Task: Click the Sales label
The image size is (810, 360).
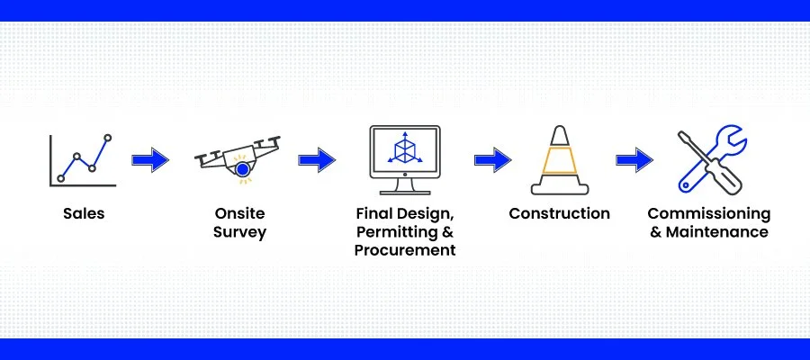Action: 84,214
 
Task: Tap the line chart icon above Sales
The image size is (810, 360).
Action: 83,159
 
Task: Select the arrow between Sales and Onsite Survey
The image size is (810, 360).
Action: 150,161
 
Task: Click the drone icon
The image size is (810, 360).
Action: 238,157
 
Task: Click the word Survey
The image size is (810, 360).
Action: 240,232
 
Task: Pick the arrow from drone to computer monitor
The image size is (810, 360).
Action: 317,160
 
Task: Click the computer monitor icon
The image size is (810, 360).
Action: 404,160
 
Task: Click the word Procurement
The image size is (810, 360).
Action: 405,250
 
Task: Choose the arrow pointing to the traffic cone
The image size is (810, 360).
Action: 492,160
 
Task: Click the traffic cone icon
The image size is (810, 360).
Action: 559,159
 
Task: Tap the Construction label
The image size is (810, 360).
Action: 559,214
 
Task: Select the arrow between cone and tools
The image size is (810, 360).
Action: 634,161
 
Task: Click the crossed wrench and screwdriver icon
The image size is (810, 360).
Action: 711,159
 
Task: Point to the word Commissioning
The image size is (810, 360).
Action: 709,214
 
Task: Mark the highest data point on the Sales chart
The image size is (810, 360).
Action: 108,138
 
